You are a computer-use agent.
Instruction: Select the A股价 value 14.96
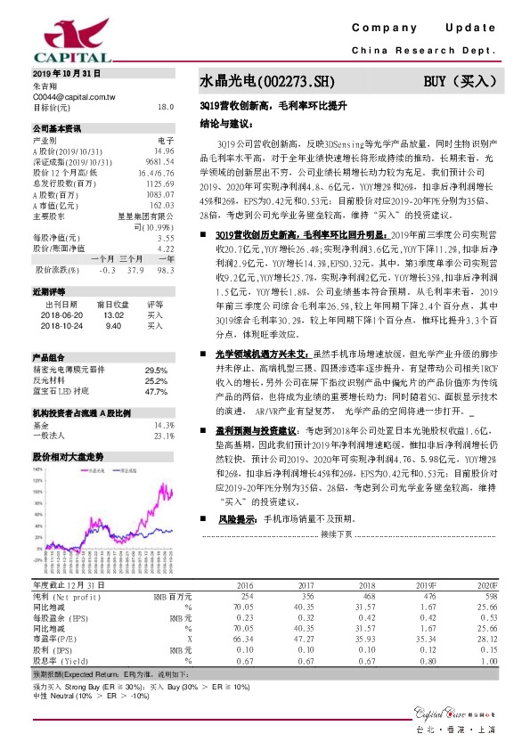[x=162, y=151]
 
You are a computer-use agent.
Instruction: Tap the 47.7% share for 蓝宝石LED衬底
[x=156, y=392]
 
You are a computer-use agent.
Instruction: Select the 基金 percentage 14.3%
[x=163, y=426]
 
